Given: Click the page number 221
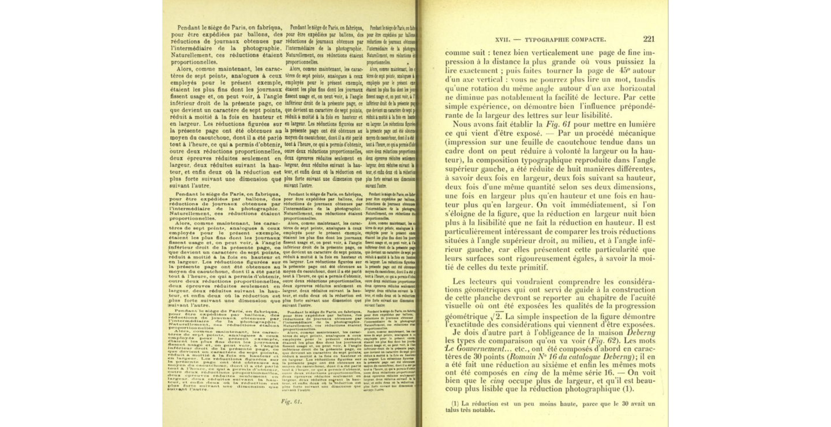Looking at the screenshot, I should click(x=647, y=39).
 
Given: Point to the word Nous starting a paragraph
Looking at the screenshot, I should click(x=465, y=125).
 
